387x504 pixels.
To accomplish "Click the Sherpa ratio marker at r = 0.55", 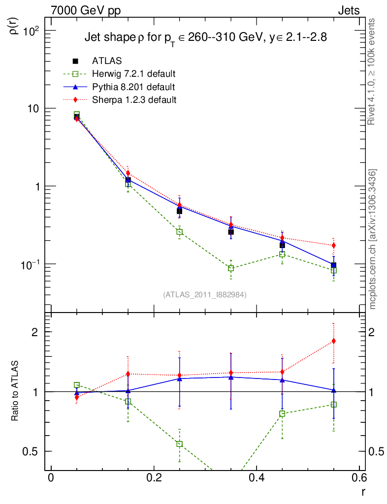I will click(334, 341).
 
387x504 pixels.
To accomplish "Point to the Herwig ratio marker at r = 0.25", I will click(180, 444).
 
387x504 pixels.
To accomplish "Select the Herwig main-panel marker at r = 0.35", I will click(231, 268).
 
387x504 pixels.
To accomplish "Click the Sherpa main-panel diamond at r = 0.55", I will click(334, 245).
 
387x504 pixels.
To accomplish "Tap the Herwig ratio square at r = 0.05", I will click(77, 385).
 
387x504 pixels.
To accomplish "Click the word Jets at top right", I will click(348, 10).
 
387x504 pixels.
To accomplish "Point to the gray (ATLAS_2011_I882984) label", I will click(205, 294).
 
